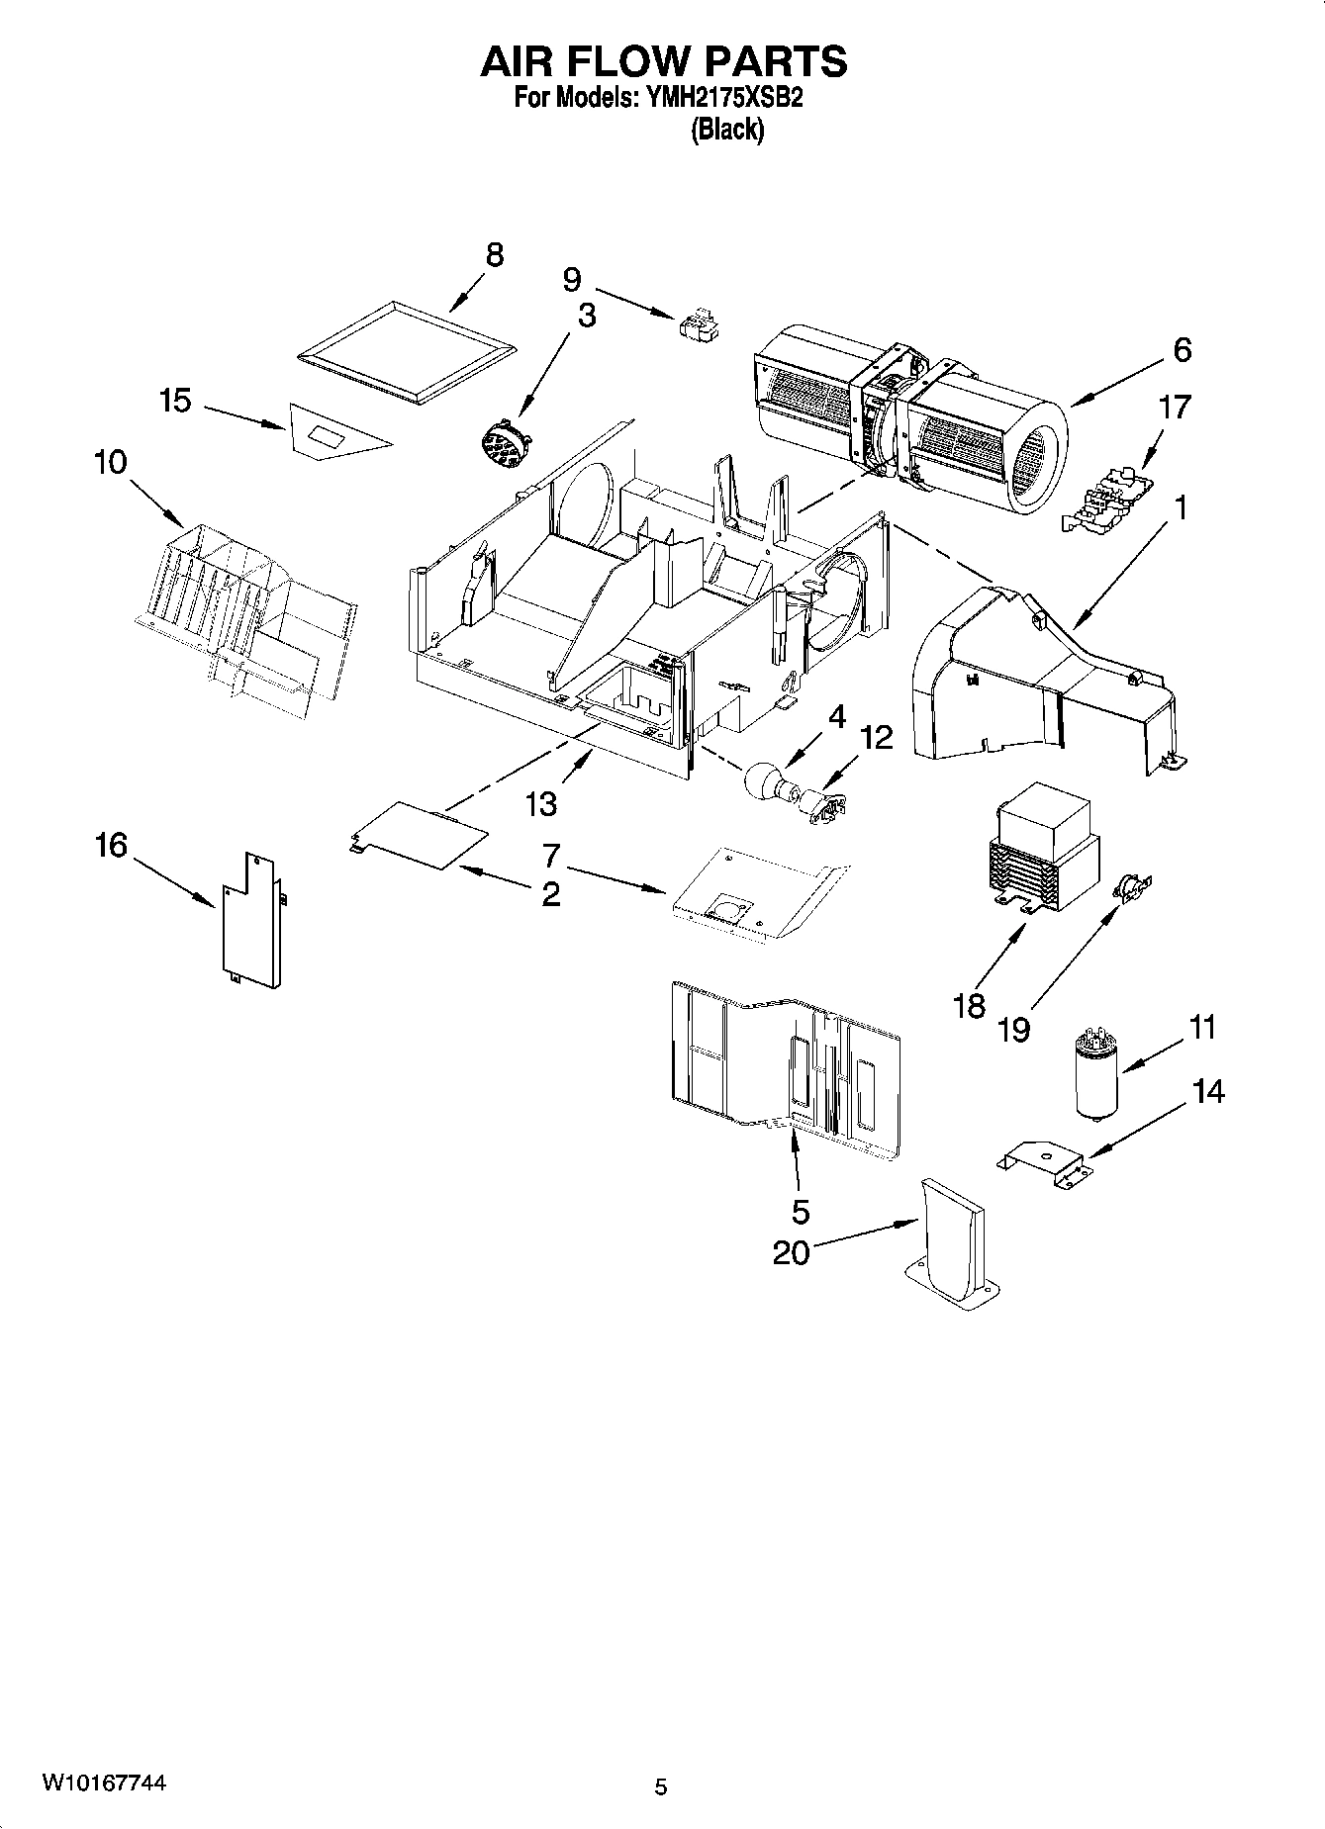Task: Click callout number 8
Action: click(x=494, y=254)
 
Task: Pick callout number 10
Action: click(x=112, y=462)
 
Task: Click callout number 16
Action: click(x=112, y=845)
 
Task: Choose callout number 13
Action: click(x=540, y=804)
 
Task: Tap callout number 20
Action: click(x=791, y=1252)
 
